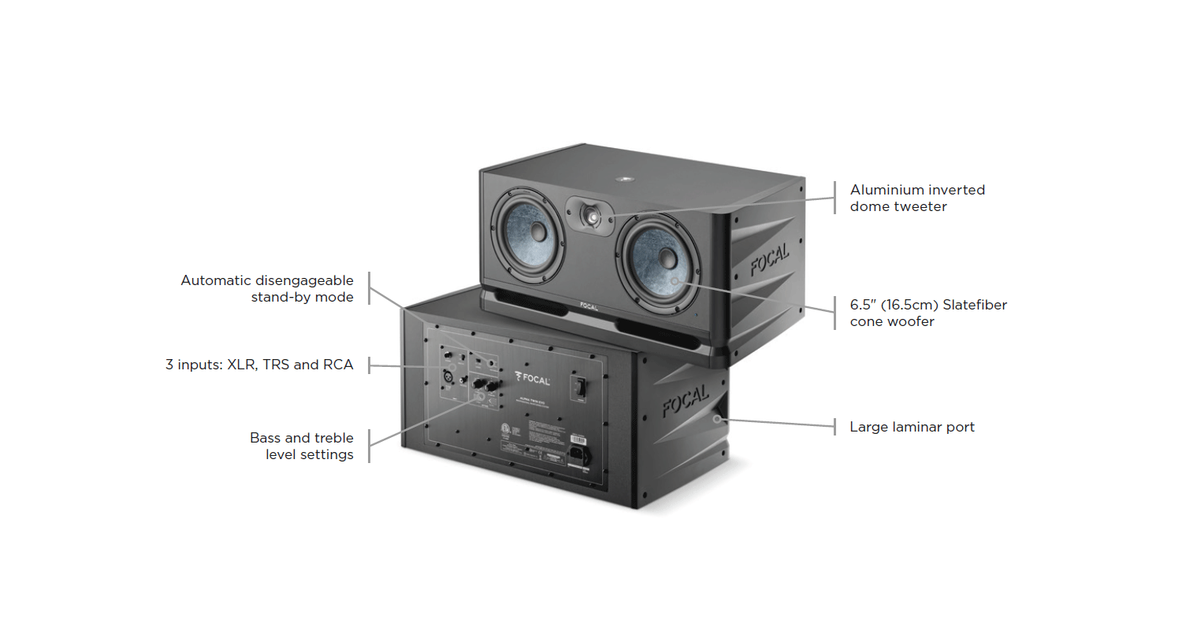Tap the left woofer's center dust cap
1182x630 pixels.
[x=537, y=232]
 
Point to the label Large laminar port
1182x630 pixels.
[x=912, y=427]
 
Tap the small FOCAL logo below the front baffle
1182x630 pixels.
[x=588, y=306]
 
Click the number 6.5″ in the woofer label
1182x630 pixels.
[x=864, y=305]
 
